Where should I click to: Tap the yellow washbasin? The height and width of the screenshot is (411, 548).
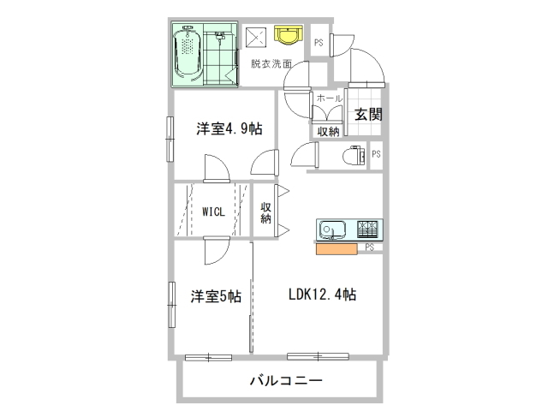click(288, 34)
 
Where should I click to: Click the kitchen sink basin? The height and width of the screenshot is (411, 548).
click(332, 229)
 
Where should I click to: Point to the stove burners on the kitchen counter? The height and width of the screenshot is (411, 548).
click(367, 229)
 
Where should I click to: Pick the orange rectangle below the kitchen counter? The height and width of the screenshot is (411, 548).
click(337, 249)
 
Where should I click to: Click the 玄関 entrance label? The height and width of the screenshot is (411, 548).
click(368, 114)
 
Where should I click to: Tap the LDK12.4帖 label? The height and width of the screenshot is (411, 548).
click(322, 295)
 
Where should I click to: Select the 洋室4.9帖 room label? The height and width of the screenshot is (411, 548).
click(229, 128)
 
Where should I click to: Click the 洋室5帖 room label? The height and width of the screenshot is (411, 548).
click(216, 296)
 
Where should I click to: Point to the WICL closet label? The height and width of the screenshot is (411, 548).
click(213, 211)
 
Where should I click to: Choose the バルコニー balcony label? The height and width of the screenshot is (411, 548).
click(285, 380)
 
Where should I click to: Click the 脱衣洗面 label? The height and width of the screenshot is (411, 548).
click(271, 63)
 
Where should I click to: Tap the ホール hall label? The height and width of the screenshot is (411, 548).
click(329, 98)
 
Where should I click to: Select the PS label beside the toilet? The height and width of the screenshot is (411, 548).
click(376, 154)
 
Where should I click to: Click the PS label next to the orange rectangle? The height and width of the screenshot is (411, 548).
click(369, 247)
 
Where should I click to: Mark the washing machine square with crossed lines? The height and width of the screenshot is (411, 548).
click(256, 38)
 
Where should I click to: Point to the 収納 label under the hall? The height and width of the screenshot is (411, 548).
click(328, 132)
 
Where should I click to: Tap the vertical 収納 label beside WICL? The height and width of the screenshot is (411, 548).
click(265, 213)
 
